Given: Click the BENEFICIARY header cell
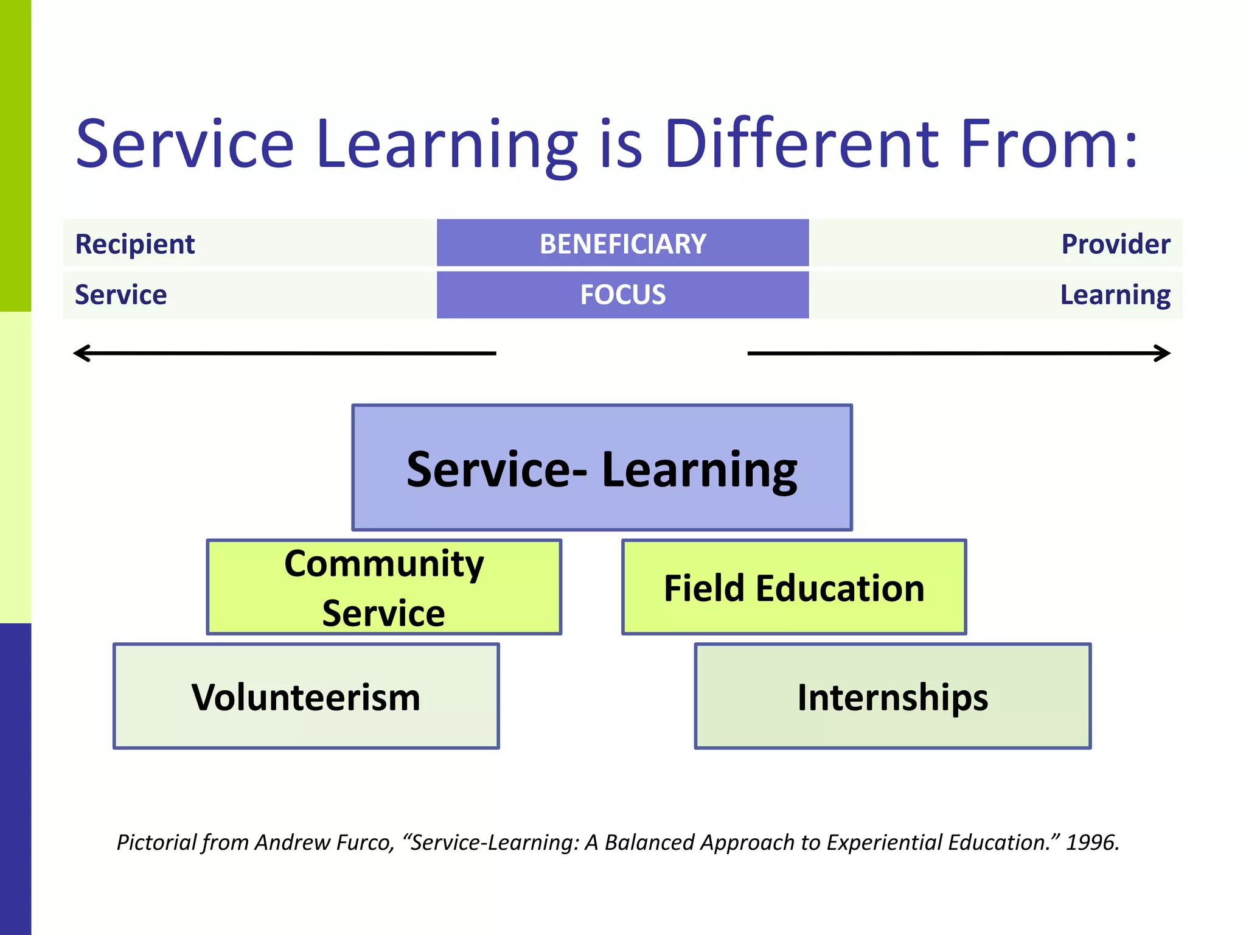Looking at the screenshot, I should tap(622, 243).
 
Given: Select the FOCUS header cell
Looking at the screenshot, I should tap(622, 295).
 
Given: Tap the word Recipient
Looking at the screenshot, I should tap(134, 244).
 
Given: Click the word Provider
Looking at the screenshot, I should tap(1115, 244).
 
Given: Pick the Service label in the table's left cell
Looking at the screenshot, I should tap(120, 295).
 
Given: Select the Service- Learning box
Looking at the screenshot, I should tap(602, 467).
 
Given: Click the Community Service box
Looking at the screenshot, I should tap(384, 587).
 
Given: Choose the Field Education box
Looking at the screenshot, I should tap(793, 587).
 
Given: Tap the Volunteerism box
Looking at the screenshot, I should tap(306, 696).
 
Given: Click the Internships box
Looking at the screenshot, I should tap(893, 696).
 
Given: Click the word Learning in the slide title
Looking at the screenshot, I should tap(447, 144).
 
